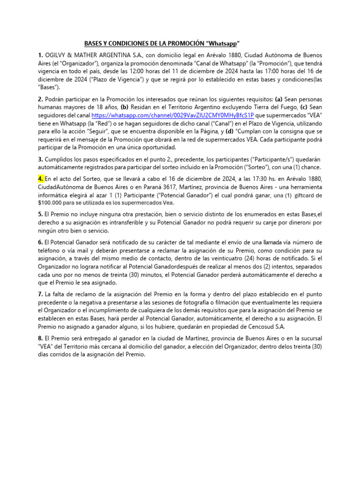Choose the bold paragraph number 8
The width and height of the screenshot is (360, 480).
click(40, 338)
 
